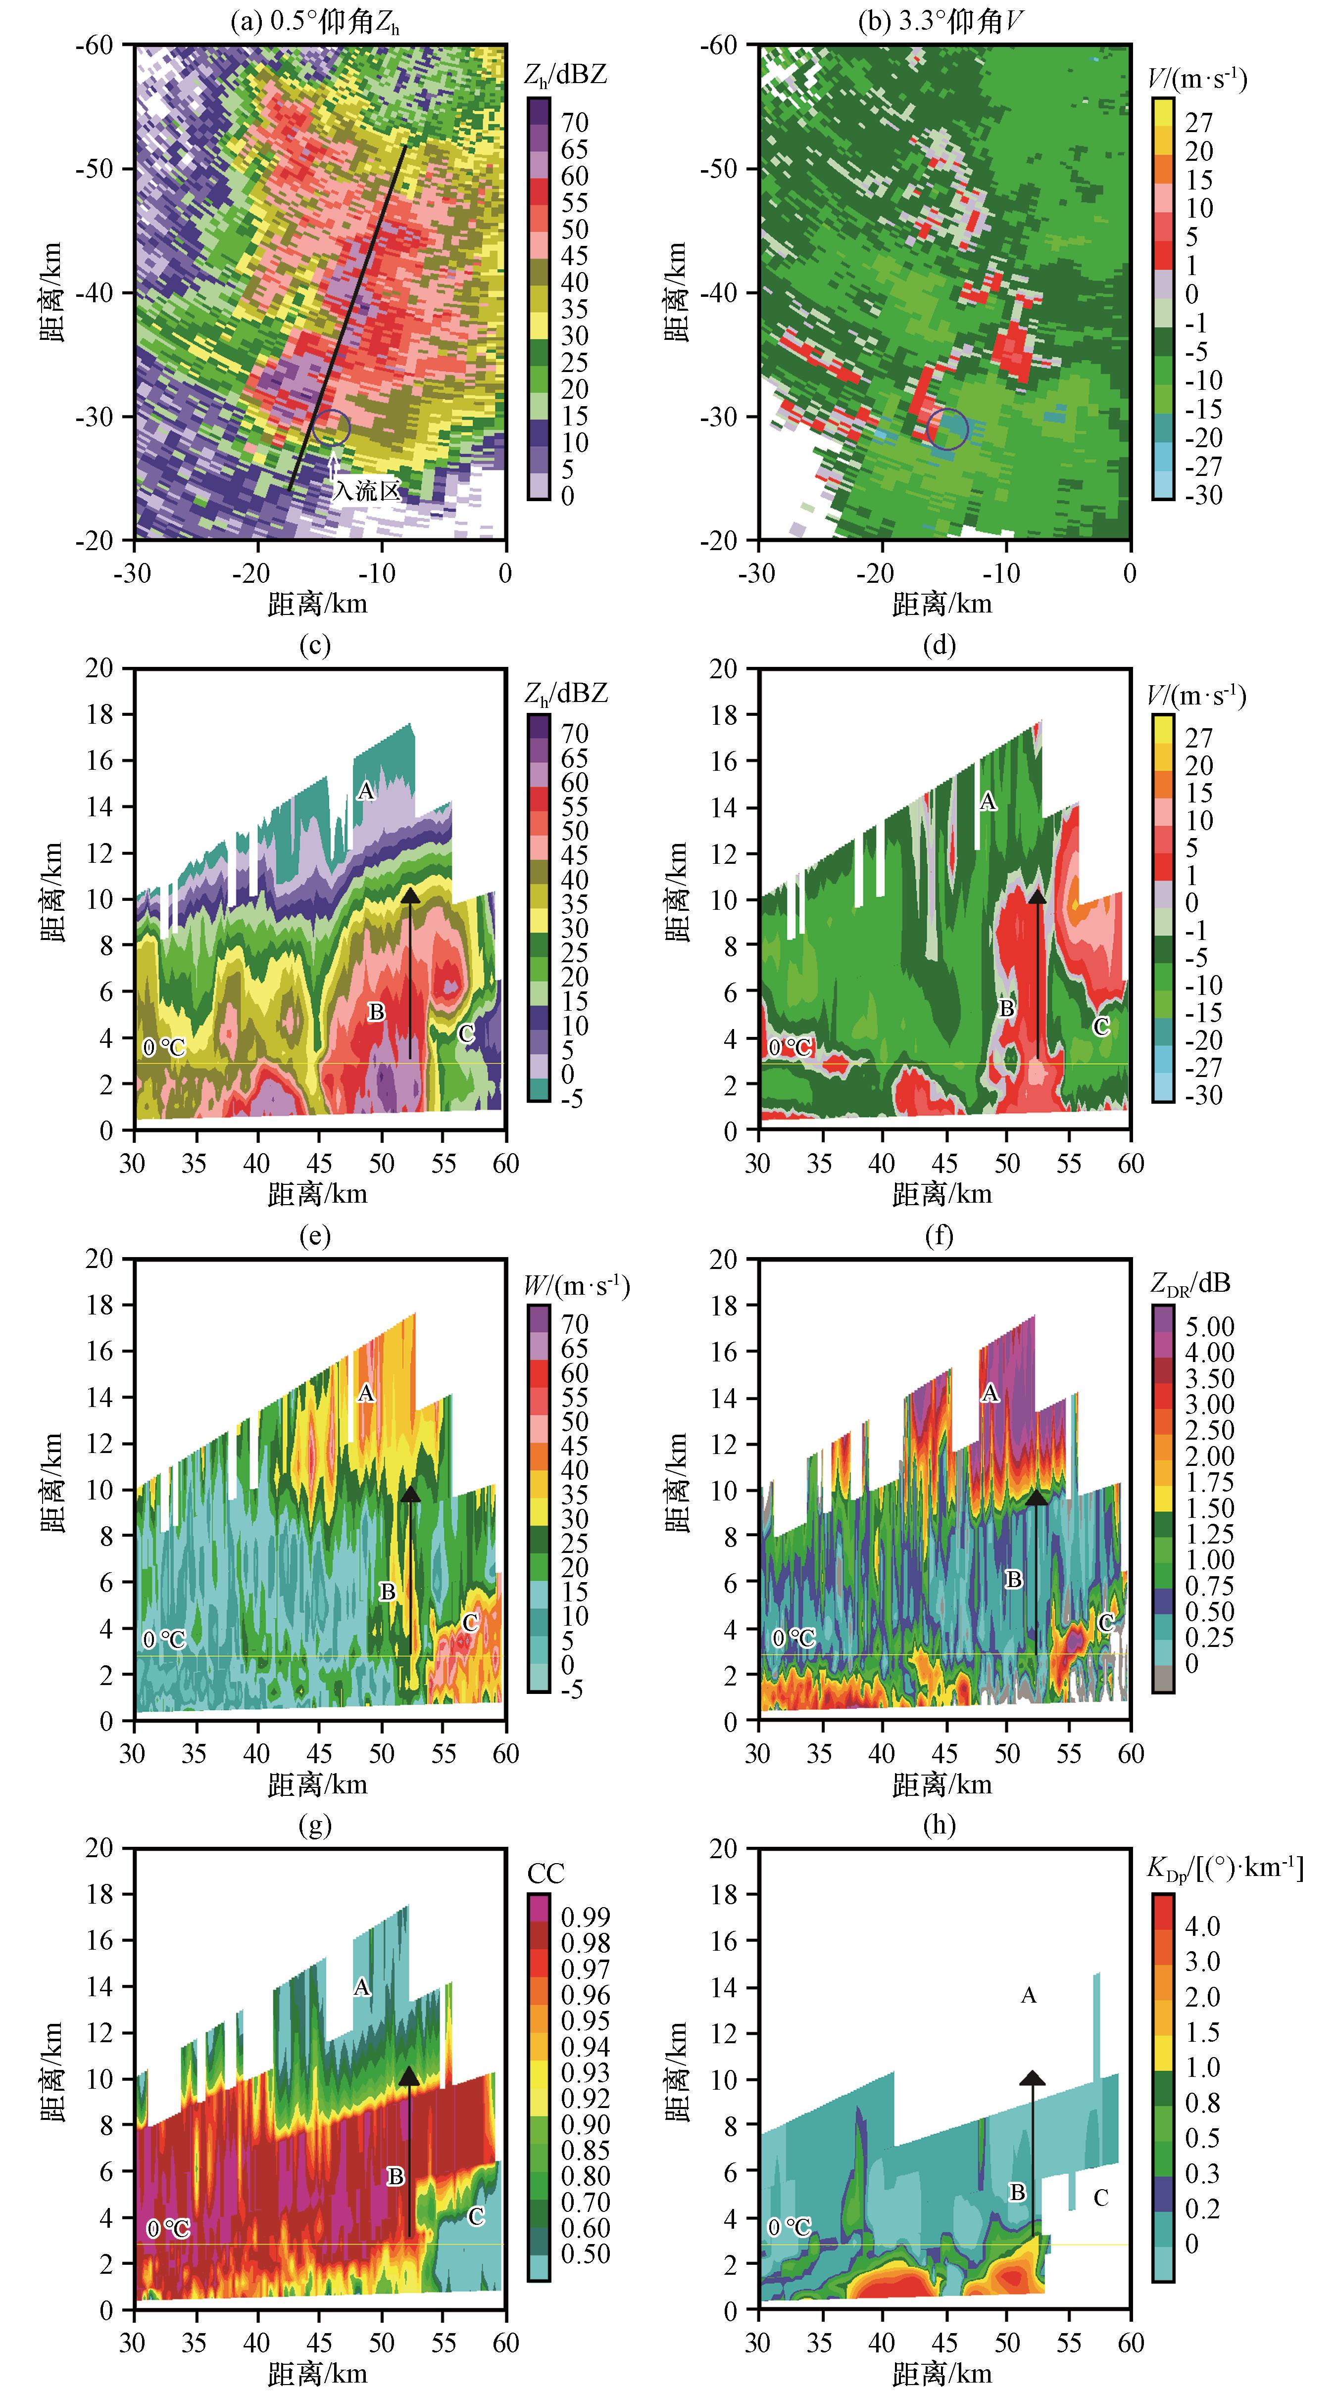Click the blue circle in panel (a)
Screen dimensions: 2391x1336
[x=332, y=427]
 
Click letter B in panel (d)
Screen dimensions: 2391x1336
[x=1006, y=1008]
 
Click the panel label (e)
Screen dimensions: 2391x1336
[x=316, y=1236]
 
